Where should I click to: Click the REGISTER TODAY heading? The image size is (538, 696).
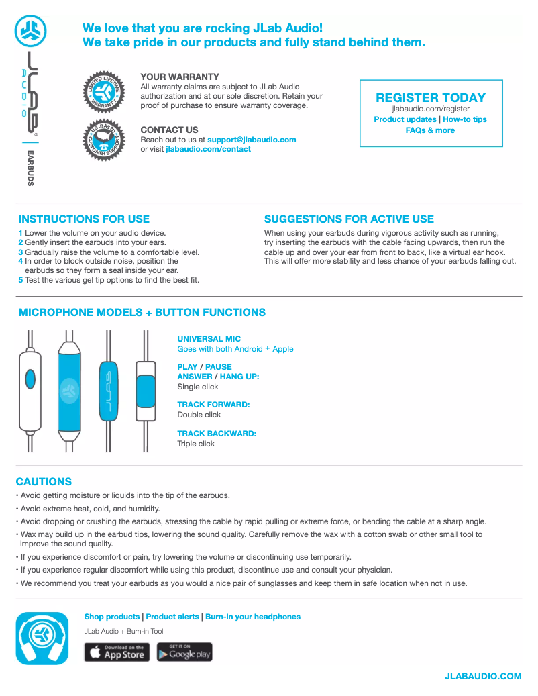pyautogui.click(x=431, y=98)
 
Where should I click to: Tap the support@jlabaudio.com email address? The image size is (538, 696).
pyautogui.click(x=252, y=140)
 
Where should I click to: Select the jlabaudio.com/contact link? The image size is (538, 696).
pyautogui.click(x=208, y=149)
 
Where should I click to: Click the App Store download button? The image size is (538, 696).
pyautogui.click(x=117, y=652)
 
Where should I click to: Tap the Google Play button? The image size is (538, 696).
pyautogui.click(x=184, y=652)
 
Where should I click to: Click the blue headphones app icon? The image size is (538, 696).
pyautogui.click(x=42, y=638)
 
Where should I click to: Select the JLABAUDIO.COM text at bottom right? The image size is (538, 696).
pyautogui.click(x=483, y=676)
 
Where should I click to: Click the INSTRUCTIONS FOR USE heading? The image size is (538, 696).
pyautogui.click(x=84, y=219)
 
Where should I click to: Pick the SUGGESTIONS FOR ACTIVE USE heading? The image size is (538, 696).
pyautogui.click(x=349, y=219)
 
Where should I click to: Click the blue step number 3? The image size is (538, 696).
pyautogui.click(x=20, y=252)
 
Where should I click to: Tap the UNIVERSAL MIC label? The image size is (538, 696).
pyautogui.click(x=209, y=339)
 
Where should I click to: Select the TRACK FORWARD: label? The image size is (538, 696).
pyautogui.click(x=213, y=405)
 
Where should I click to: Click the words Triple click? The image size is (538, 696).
pyautogui.click(x=196, y=444)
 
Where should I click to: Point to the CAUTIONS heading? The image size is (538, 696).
pyautogui.click(x=44, y=481)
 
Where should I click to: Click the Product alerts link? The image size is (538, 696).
pyautogui.click(x=172, y=617)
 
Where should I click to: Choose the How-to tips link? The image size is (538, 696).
pyautogui.click(x=465, y=119)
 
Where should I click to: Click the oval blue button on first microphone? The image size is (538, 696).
pyautogui.click(x=30, y=380)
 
